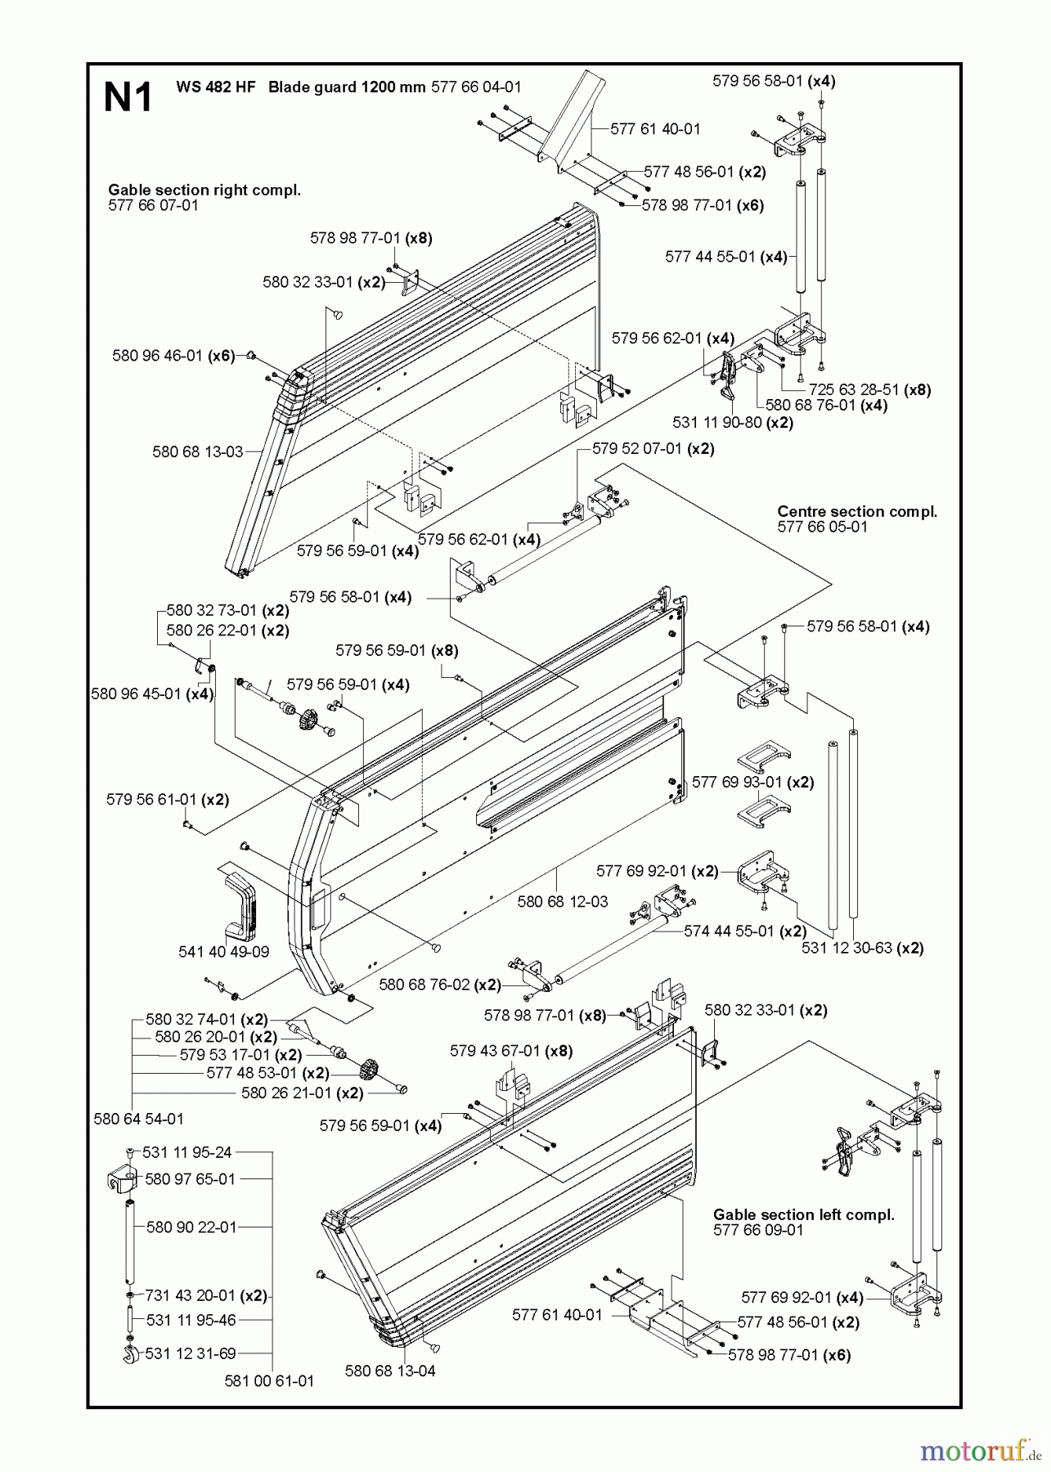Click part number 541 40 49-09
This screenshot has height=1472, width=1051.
tap(222, 952)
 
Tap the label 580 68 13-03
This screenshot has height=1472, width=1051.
tap(197, 451)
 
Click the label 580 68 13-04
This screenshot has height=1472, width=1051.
tap(390, 1371)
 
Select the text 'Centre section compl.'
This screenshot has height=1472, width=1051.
tap(856, 512)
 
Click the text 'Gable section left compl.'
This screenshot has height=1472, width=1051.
tap(803, 1214)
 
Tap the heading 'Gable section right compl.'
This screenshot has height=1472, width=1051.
tap(204, 190)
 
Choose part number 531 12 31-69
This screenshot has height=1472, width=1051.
tap(190, 1353)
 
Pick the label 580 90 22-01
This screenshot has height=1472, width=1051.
tap(191, 1227)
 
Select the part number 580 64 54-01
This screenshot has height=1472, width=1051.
tap(138, 1118)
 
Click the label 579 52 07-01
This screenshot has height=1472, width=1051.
tap(636, 448)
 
